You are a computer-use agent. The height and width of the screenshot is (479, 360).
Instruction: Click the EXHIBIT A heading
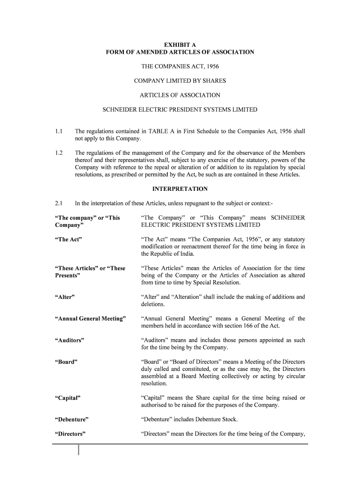click(180, 45)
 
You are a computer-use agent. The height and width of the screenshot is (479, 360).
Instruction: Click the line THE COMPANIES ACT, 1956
click(180, 66)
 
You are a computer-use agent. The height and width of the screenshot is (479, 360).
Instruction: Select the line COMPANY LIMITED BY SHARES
click(180, 81)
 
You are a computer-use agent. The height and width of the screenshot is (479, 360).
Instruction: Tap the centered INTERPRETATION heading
click(180, 189)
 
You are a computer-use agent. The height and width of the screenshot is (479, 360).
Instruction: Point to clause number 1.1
click(58, 131)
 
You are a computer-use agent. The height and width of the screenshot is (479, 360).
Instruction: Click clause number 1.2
click(58, 153)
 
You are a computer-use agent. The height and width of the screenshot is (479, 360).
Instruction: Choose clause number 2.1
click(58, 203)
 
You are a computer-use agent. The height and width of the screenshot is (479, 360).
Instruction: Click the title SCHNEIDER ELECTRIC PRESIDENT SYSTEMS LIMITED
click(180, 110)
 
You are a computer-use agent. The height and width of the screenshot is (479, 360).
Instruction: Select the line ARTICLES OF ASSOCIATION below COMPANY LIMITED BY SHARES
click(180, 95)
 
